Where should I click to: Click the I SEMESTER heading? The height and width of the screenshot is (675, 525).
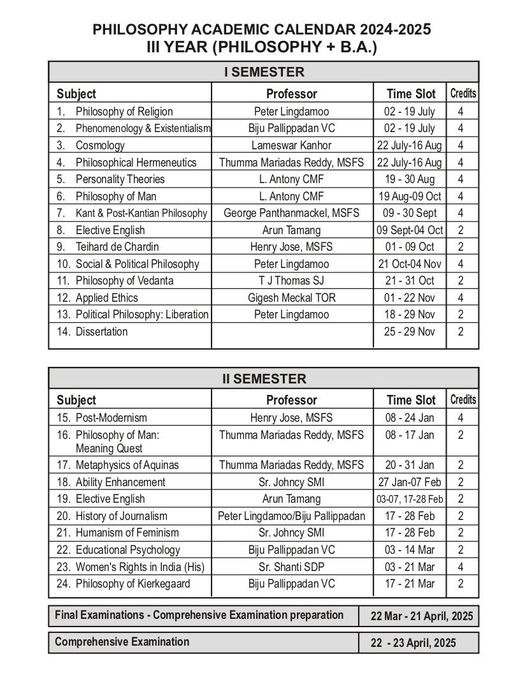click(x=264, y=71)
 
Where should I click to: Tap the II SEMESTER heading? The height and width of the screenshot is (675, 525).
click(x=264, y=378)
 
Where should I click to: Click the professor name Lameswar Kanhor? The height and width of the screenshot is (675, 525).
click(x=291, y=145)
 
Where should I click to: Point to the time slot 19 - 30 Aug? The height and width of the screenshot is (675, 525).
click(x=409, y=179)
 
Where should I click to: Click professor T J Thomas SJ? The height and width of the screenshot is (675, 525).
click(x=291, y=281)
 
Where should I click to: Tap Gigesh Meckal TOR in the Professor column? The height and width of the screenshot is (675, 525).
click(x=291, y=297)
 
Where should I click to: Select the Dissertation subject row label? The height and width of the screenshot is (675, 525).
click(x=101, y=331)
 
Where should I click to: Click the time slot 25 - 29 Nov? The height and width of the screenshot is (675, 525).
click(x=409, y=331)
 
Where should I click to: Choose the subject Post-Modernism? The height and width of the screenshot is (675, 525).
click(x=111, y=418)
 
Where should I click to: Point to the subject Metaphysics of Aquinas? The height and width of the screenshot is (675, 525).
click(x=127, y=465)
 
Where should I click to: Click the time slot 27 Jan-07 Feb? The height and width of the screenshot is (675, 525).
click(x=409, y=482)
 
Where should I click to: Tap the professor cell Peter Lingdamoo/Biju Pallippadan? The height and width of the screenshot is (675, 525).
click(x=291, y=516)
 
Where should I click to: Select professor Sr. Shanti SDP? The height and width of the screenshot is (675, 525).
click(x=291, y=567)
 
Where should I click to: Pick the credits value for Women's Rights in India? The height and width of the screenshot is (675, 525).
click(x=461, y=567)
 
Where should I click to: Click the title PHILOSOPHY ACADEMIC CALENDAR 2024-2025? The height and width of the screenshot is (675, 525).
click(x=262, y=29)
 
